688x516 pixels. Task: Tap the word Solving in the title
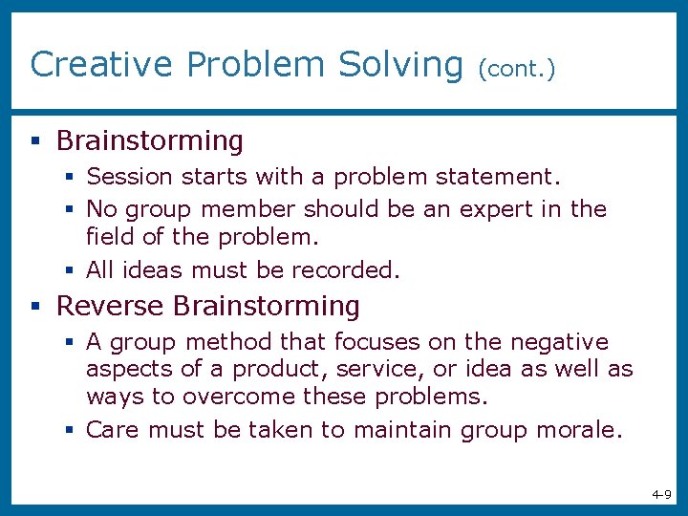click(x=400, y=64)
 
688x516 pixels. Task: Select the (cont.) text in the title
click(x=516, y=67)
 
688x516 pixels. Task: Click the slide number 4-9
click(x=661, y=494)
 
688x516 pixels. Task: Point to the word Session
click(x=129, y=177)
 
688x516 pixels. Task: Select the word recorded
click(x=349, y=270)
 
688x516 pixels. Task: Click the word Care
click(x=114, y=430)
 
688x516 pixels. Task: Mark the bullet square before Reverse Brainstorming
click(x=35, y=307)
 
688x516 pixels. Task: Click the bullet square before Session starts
click(x=71, y=178)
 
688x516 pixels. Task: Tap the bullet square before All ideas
click(x=71, y=271)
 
